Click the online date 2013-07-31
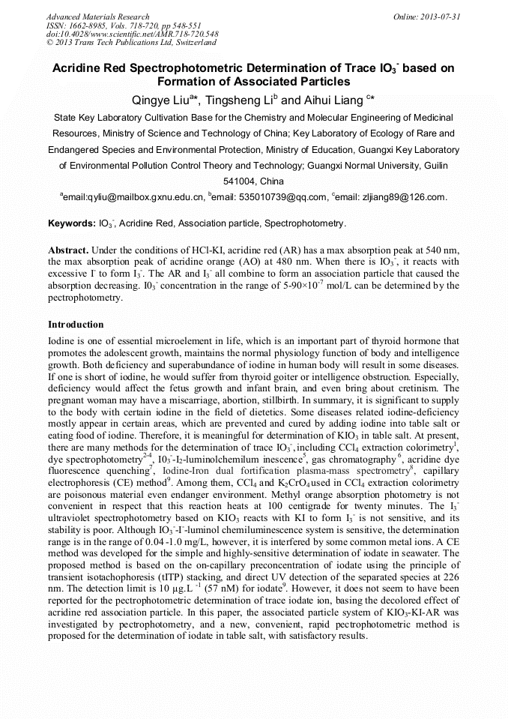(439, 16)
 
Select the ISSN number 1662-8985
(95, 25)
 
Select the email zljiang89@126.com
(411, 197)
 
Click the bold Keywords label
(71, 223)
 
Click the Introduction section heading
(76, 325)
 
